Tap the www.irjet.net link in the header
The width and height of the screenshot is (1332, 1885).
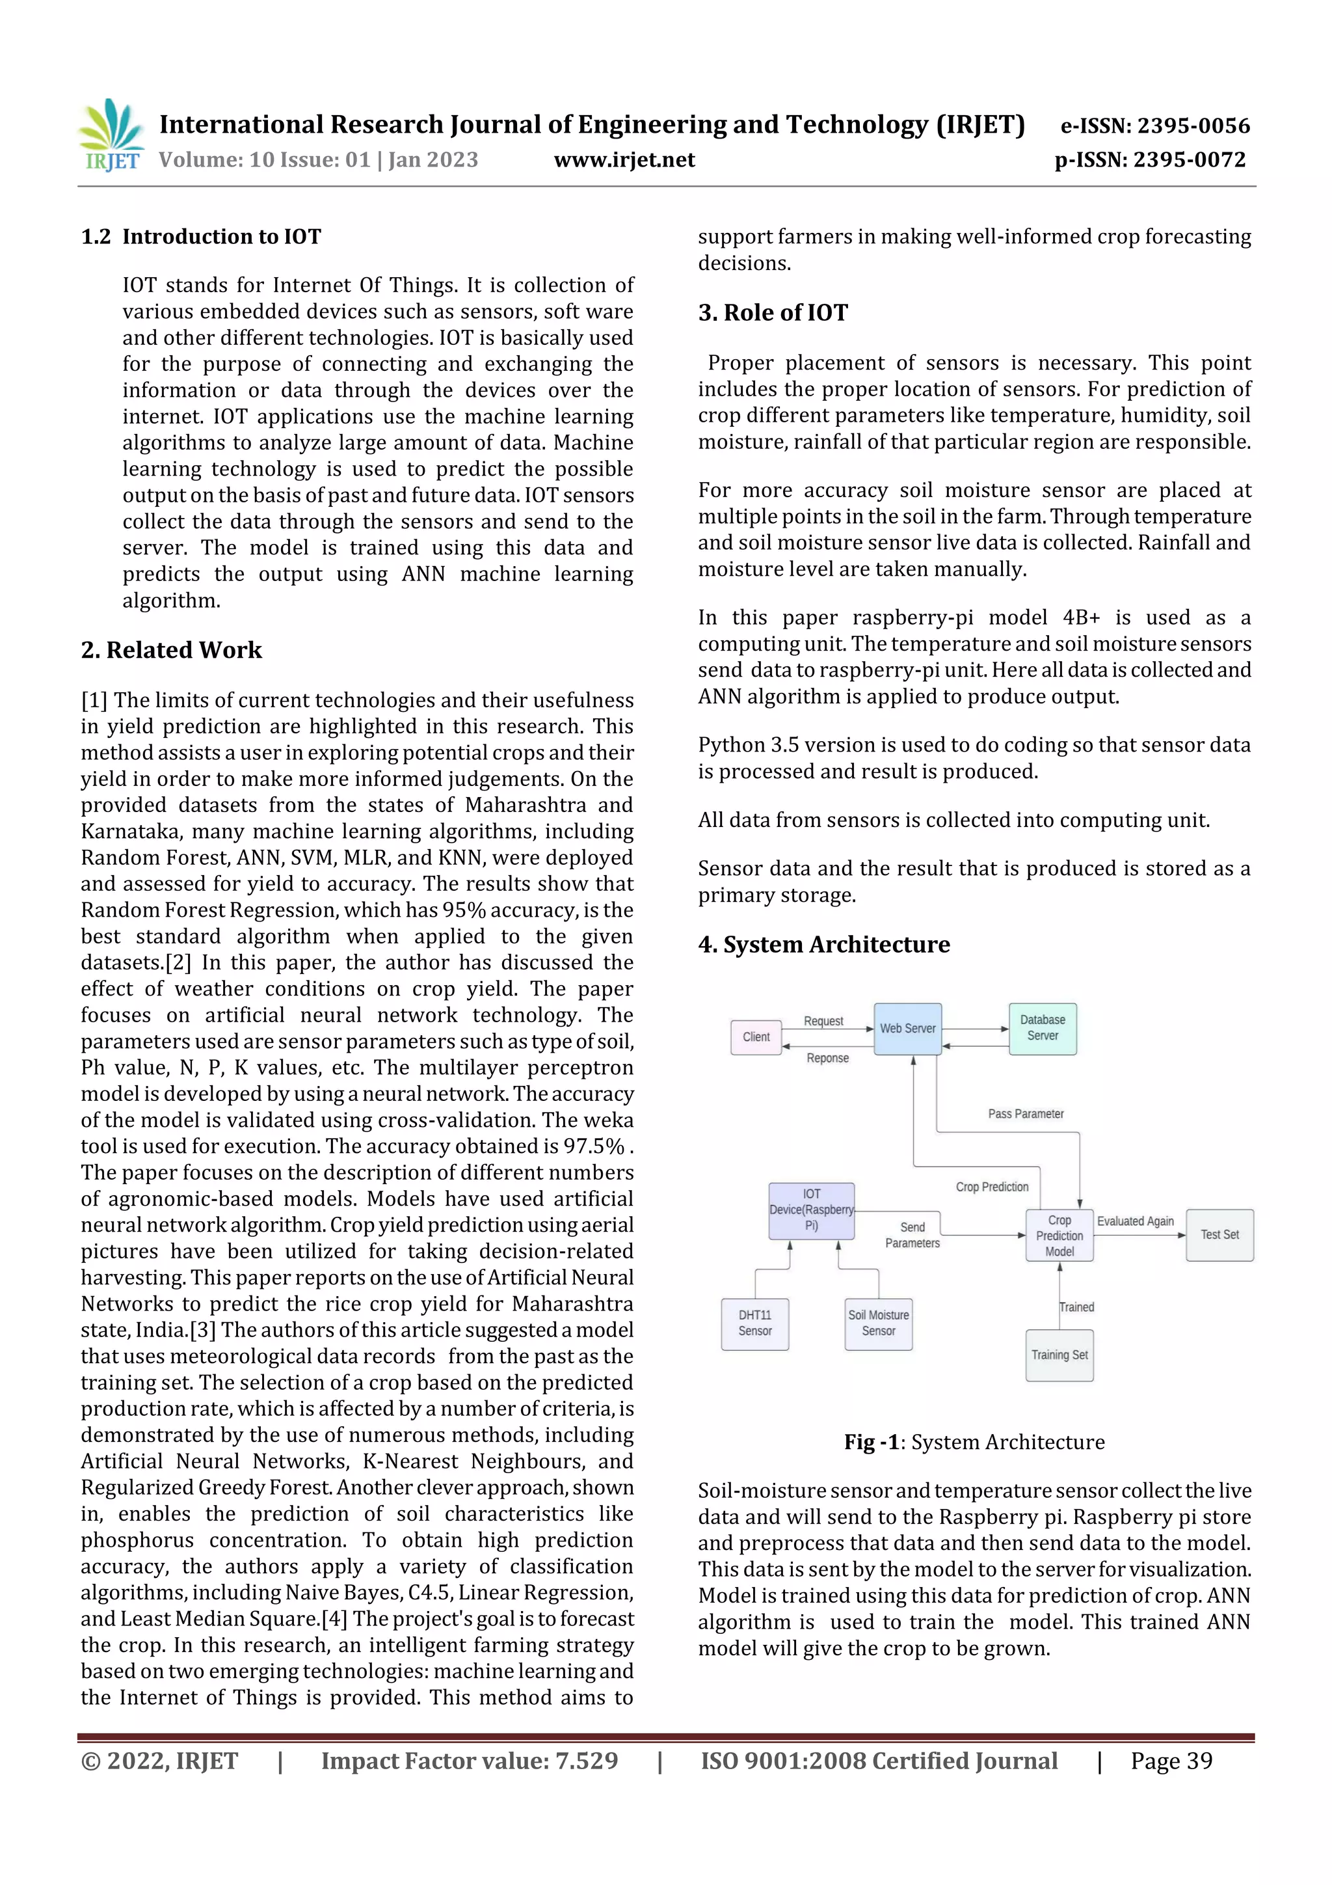(624, 159)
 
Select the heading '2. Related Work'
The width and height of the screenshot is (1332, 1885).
(172, 649)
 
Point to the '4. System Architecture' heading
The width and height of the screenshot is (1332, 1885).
(823, 944)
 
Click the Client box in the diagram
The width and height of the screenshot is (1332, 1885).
(756, 1037)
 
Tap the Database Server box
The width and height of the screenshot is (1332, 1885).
(1043, 1028)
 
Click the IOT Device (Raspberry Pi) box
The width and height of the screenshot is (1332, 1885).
(811, 1210)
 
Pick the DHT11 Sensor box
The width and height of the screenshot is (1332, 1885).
(754, 1323)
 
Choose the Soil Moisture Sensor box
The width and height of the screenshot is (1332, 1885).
(878, 1323)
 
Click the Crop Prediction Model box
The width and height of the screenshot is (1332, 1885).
(1059, 1236)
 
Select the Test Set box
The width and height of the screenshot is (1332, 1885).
(1219, 1235)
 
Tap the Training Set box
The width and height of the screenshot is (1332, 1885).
(1059, 1355)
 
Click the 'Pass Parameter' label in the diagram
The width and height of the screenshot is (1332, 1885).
(1025, 1114)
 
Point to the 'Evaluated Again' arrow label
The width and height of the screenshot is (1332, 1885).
(1135, 1221)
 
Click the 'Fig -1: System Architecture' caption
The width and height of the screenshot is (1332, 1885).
(974, 1443)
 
